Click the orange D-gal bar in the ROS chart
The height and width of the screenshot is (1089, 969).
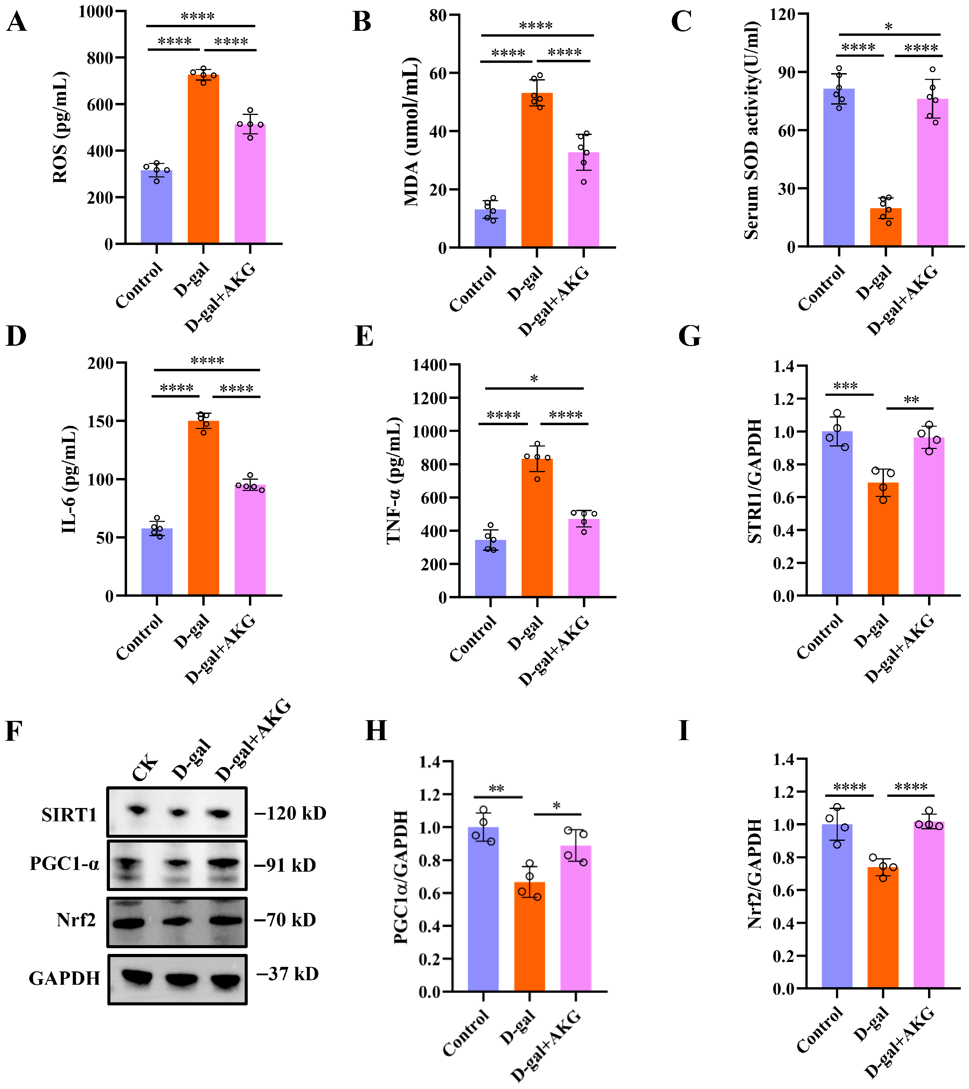tap(203, 160)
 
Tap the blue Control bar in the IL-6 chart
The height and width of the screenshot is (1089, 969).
tap(157, 562)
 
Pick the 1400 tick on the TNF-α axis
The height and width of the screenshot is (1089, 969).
tap(430, 365)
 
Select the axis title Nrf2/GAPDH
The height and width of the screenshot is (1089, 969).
tap(755, 874)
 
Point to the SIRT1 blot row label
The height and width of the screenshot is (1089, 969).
tap(69, 815)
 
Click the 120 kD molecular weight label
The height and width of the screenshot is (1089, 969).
tap(291, 813)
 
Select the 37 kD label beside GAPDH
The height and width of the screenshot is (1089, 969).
tap(288, 974)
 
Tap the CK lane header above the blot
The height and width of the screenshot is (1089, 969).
tap(145, 767)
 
